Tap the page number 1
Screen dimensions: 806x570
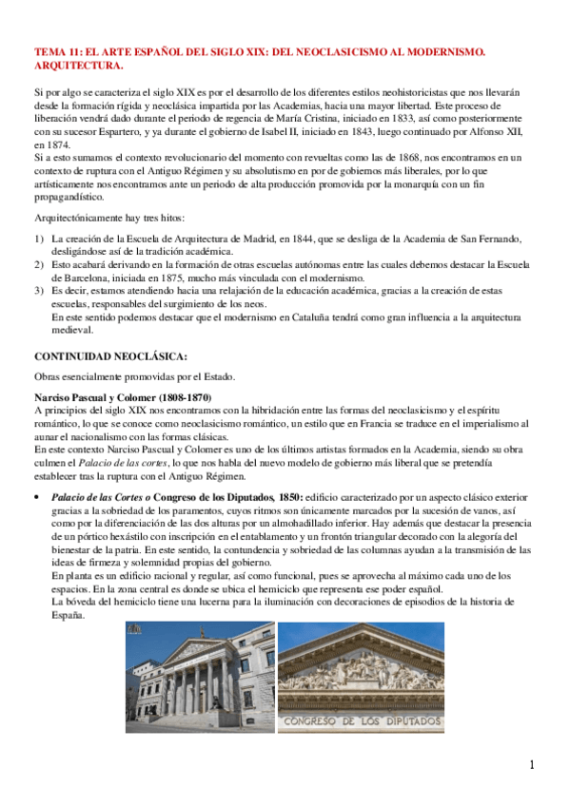click(533, 765)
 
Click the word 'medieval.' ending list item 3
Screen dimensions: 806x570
click(71, 331)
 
